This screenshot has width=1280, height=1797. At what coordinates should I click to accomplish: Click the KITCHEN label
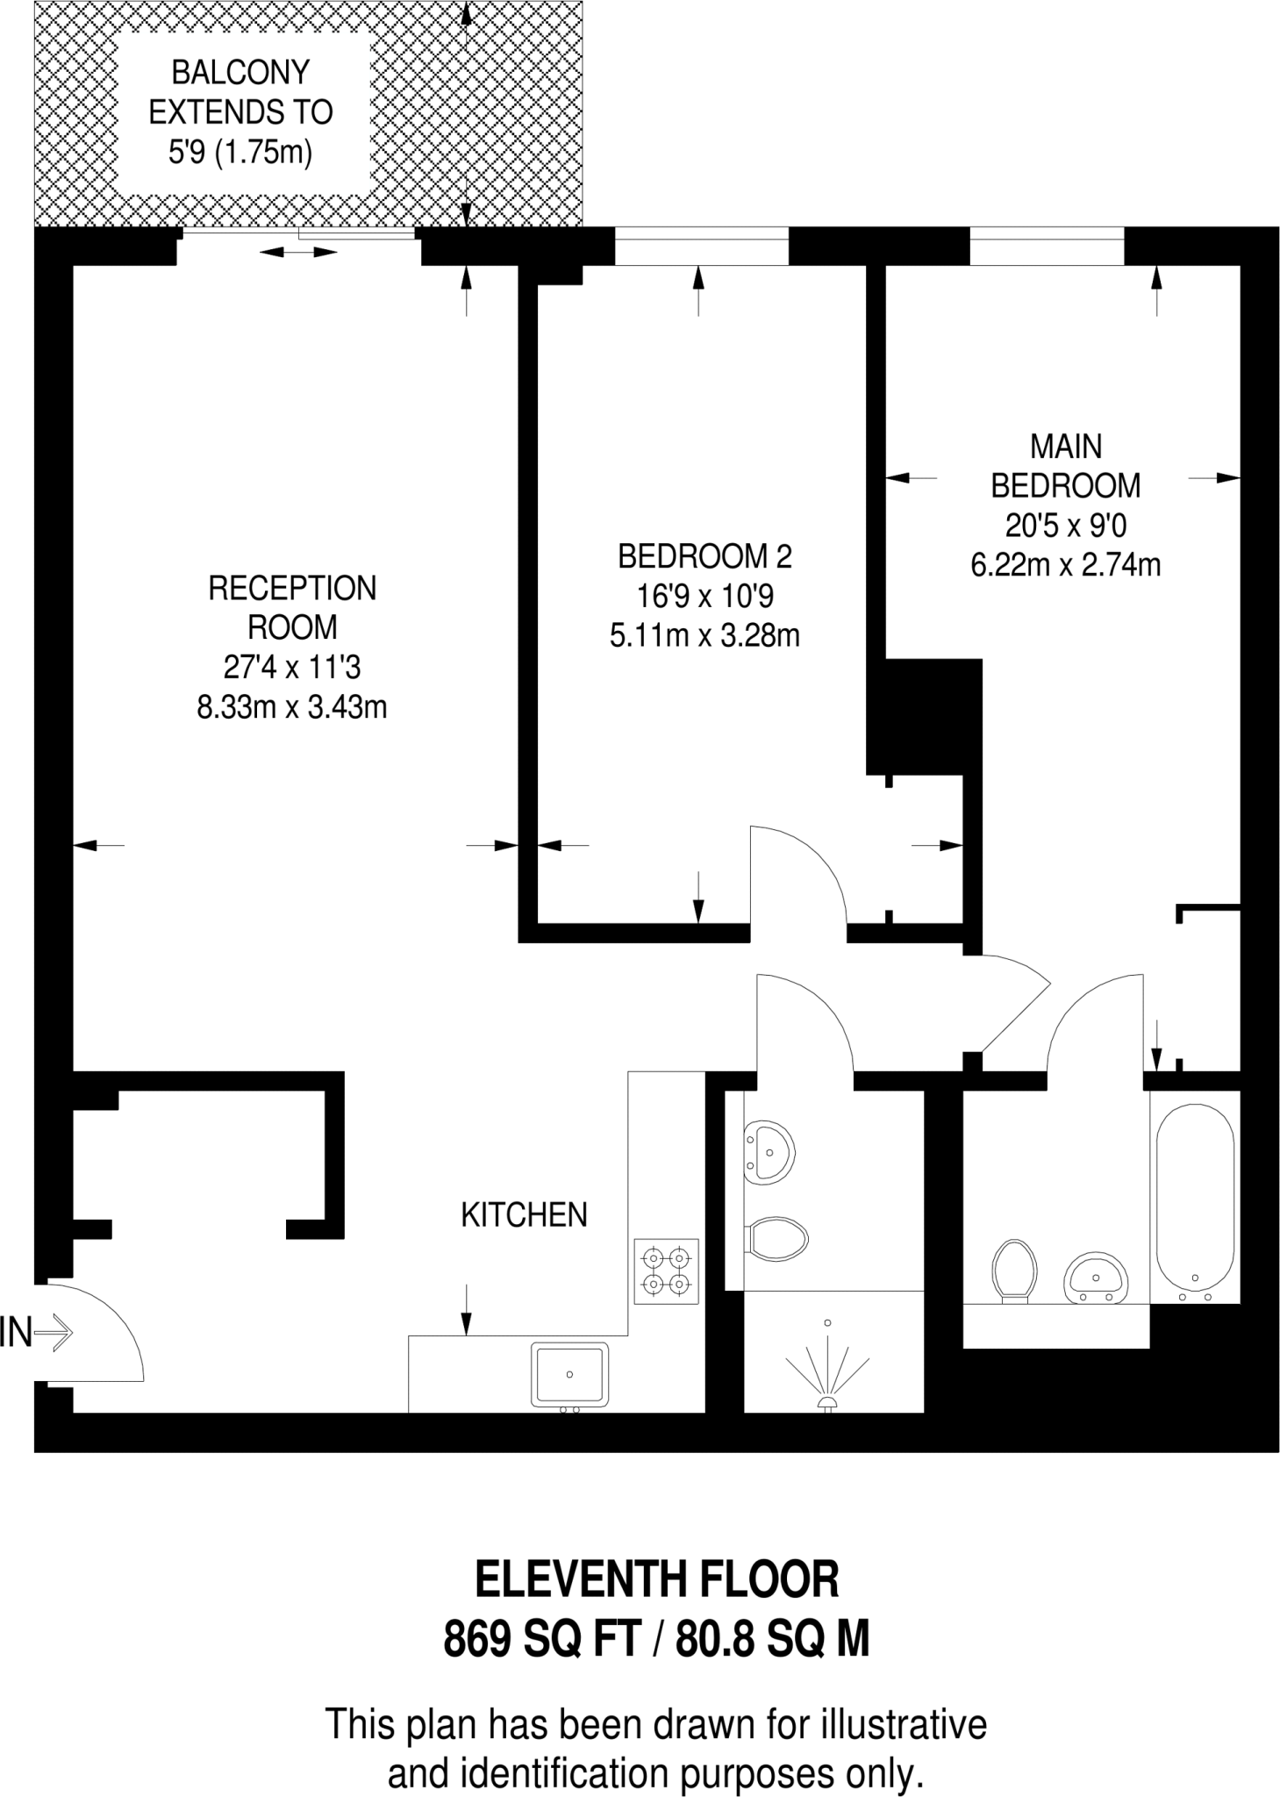pos(524,1214)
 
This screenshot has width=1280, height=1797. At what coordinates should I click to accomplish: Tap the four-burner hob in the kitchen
pos(666,1271)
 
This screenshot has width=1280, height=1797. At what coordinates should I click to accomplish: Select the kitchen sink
pos(568,1374)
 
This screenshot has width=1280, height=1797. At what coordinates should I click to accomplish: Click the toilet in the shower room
pos(779,1238)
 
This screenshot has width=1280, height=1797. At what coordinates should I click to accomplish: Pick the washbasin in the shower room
pos(769,1151)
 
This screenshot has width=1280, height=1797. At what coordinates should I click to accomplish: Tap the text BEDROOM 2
pos(704,556)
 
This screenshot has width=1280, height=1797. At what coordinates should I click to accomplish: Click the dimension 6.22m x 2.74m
pos(1065,564)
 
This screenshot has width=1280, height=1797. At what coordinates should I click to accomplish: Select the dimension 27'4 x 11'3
pos(292,668)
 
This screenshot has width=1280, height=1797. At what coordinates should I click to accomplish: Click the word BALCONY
pos(240,72)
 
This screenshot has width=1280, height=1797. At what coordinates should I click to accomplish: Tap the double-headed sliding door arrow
pos(298,253)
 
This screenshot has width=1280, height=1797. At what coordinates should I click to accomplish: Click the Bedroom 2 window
pos(701,246)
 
